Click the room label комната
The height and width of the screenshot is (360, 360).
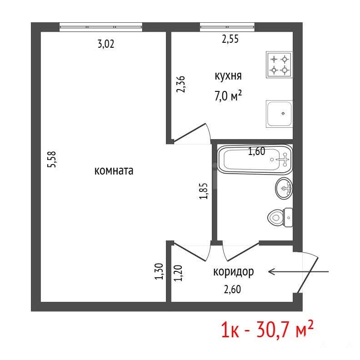[114, 171]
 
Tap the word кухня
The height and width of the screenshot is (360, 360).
[228, 76]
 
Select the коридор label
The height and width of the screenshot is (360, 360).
[234, 272]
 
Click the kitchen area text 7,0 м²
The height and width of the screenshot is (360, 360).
[228, 96]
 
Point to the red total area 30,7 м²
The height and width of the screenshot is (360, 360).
[285, 330]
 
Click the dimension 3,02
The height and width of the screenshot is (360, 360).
[106, 44]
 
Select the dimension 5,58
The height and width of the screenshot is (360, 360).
[52, 159]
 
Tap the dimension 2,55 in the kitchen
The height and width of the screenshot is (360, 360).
[230, 39]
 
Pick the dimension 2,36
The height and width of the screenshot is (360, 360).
[180, 84]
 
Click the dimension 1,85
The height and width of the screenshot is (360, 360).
[204, 191]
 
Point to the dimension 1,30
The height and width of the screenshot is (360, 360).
[159, 271]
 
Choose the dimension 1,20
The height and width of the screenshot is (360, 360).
[178, 273]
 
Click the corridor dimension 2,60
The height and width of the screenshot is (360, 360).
[232, 289]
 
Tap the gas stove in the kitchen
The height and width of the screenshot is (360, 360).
[279, 65]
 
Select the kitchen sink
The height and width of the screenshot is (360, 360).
[279, 114]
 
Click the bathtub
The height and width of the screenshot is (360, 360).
[255, 160]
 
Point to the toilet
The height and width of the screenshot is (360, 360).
[280, 217]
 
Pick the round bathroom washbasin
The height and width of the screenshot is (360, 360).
[284, 188]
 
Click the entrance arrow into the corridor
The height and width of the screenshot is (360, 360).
[299, 272]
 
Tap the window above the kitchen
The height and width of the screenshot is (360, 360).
[227, 27]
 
